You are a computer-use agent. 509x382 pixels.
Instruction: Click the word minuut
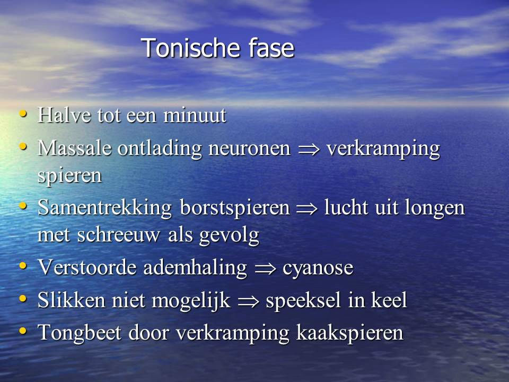[195, 115]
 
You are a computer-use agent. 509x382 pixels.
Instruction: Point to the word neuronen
[249, 149]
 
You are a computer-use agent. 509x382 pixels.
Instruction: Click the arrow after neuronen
[309, 150]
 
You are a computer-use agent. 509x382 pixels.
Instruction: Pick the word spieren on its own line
[69, 176]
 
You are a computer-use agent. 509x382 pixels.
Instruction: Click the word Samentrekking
[104, 207]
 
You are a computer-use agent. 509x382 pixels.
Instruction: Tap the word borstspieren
[235, 207]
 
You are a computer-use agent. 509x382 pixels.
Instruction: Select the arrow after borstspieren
[307, 209]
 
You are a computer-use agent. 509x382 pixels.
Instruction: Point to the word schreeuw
[118, 235]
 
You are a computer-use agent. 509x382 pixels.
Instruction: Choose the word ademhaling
[195, 268]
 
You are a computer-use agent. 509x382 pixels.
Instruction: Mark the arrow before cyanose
[265, 269]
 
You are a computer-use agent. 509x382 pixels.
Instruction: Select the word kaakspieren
[349, 333]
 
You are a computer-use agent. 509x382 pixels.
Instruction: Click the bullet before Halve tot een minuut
[23, 114]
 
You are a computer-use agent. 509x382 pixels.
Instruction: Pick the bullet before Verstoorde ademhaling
[23, 266]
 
